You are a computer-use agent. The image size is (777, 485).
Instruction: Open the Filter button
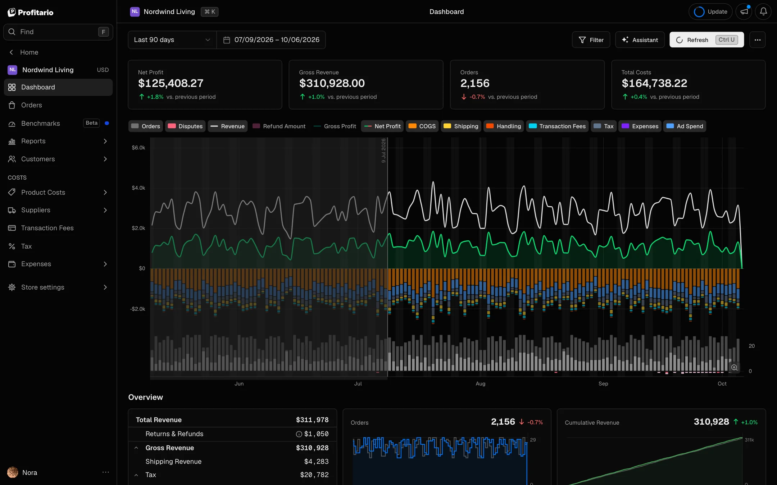[591, 40]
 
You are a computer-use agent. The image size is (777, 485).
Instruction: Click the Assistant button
[640, 40]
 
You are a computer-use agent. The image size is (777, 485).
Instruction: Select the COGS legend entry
[422, 126]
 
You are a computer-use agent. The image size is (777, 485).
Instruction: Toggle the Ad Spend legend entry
[685, 126]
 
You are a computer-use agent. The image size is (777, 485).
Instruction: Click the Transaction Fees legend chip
[557, 126]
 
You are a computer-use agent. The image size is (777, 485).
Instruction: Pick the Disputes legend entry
[185, 126]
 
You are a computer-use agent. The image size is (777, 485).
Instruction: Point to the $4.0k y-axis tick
[138, 188]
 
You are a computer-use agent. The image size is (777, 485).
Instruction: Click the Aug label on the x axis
[481, 384]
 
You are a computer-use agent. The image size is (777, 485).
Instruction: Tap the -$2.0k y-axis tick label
[138, 309]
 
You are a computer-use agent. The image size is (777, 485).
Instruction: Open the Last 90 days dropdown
[172, 40]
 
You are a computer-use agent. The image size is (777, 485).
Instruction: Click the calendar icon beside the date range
[227, 40]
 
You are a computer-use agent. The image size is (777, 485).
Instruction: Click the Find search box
[58, 32]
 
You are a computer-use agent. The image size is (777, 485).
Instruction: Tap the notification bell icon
[763, 11]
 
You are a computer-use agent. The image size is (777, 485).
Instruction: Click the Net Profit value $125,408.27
[171, 83]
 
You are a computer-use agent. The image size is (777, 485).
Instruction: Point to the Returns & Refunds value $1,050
[316, 434]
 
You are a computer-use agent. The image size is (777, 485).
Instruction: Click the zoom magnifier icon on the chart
[734, 368]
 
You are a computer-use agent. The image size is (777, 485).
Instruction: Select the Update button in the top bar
[710, 11]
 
